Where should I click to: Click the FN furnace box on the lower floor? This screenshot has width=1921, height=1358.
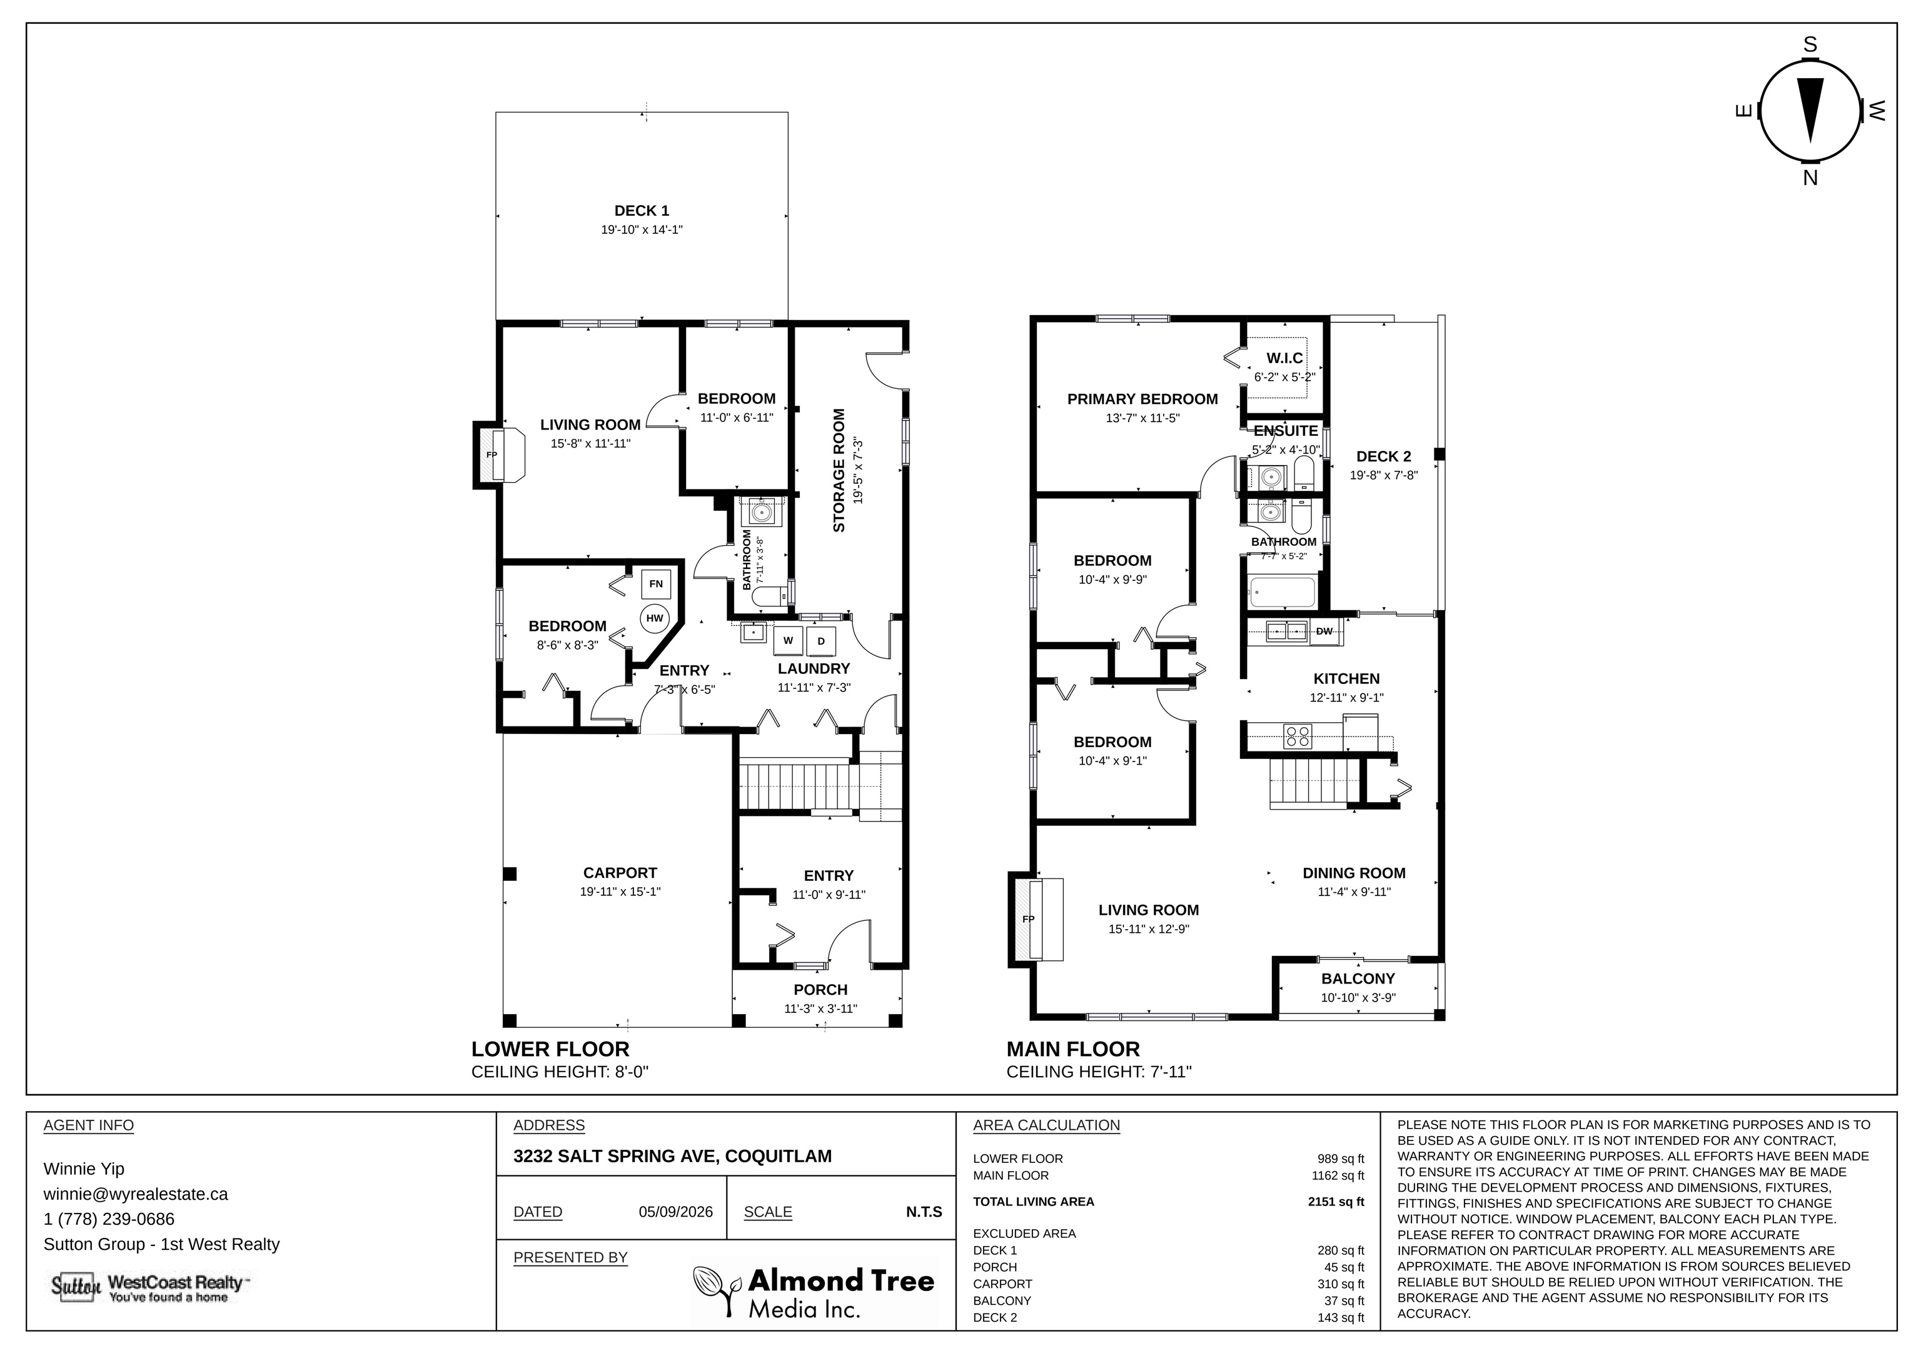click(656, 584)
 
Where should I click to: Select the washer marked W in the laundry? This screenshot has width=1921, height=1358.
click(788, 641)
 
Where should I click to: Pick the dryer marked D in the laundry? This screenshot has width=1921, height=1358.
click(821, 641)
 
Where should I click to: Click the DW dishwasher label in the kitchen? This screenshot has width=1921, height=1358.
click(1324, 631)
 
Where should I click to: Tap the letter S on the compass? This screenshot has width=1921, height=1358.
click(1810, 45)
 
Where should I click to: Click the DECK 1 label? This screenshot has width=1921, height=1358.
click(642, 211)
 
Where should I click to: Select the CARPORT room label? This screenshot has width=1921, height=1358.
click(620, 873)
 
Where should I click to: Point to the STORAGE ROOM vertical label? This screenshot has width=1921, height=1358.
click(839, 470)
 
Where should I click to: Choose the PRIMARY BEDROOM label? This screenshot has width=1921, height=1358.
click(1142, 399)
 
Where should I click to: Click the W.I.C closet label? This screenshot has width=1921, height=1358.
click(1284, 358)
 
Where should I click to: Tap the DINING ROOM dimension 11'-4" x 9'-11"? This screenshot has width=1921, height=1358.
click(1354, 892)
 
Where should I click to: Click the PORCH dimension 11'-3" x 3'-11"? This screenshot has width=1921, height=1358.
click(821, 1009)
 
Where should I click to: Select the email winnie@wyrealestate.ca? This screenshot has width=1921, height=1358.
click(136, 1194)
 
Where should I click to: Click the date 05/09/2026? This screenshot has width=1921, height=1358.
click(676, 1212)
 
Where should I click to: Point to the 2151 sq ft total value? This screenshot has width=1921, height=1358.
click(1336, 1202)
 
